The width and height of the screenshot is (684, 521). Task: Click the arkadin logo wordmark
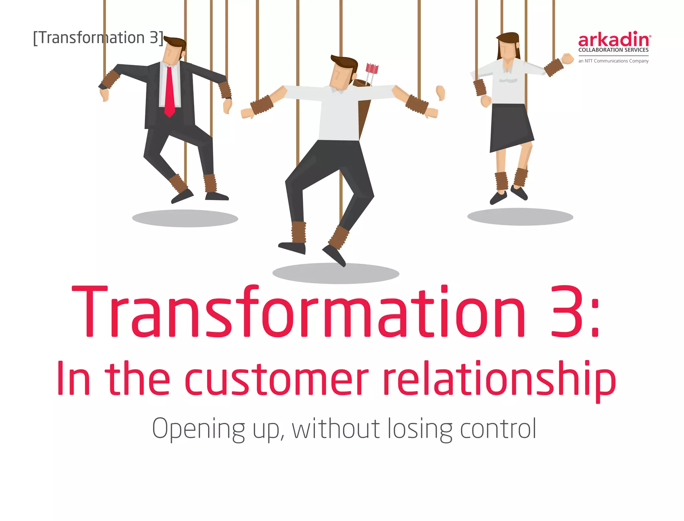[x=614, y=40]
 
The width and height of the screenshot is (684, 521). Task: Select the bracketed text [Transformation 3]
[x=98, y=37]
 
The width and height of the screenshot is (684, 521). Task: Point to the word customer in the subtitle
[x=277, y=379]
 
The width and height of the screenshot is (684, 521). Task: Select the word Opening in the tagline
[x=198, y=429]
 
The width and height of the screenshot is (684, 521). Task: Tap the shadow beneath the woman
[x=520, y=217]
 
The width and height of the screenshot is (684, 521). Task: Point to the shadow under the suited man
[x=185, y=218]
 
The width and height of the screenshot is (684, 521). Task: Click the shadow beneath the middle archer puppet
[x=336, y=273]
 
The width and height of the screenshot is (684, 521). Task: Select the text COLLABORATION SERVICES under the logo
[x=613, y=50]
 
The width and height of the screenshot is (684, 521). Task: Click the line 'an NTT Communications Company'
[x=613, y=61]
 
